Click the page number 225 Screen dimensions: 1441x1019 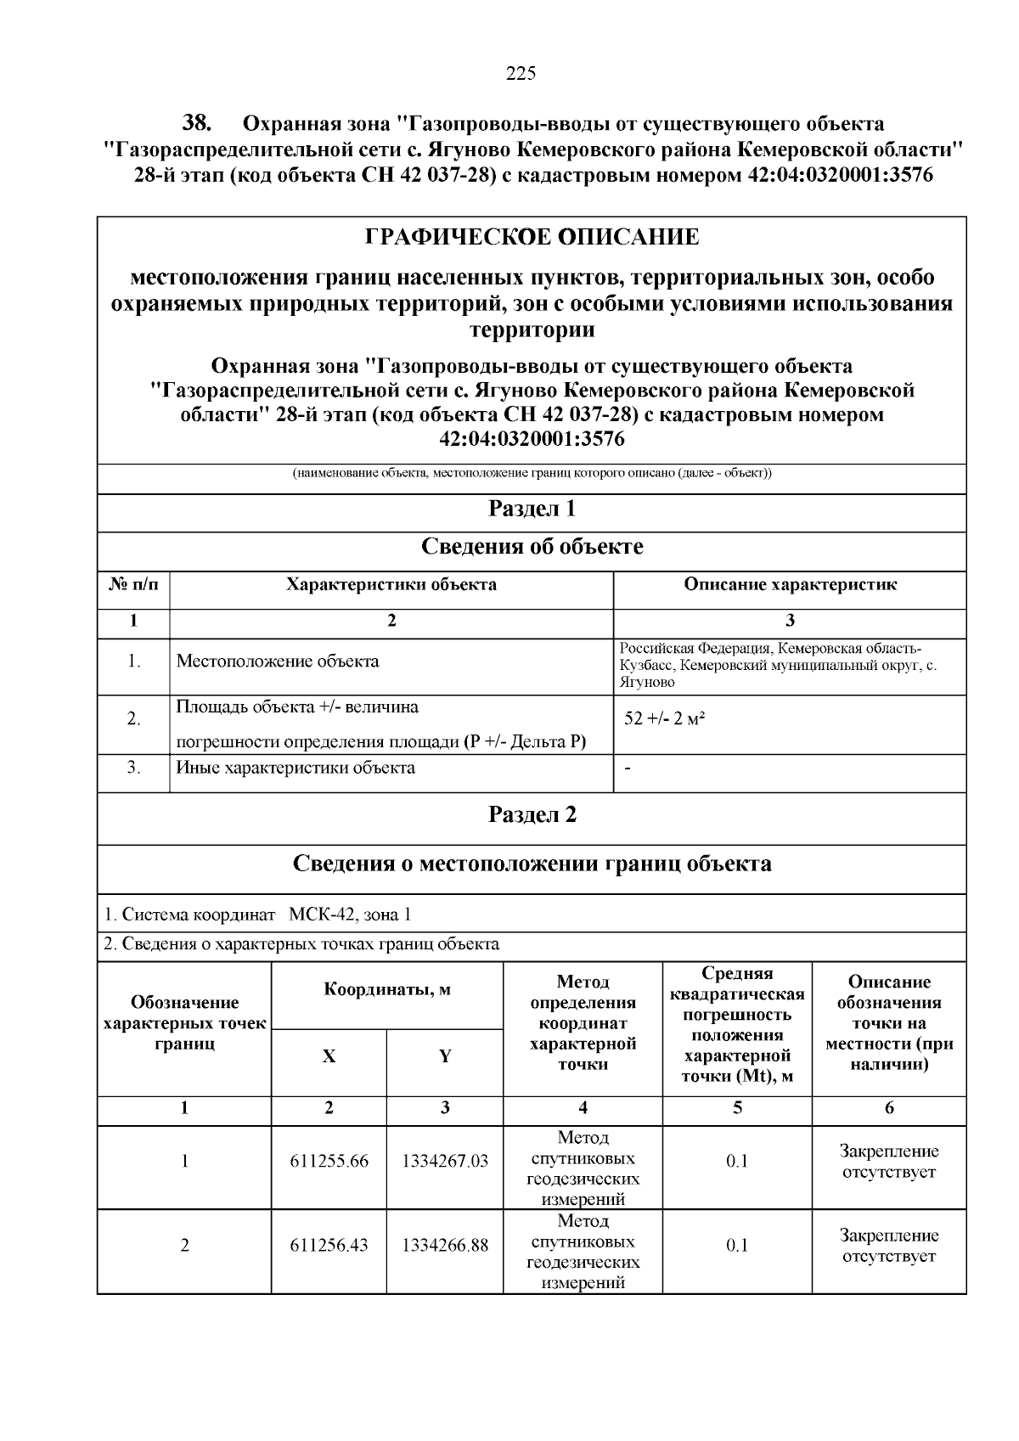521,74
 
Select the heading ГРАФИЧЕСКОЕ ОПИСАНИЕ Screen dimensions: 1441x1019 532,237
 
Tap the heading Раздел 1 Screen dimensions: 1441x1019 532,509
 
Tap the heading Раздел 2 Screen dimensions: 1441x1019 532,815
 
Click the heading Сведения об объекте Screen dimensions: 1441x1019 532,547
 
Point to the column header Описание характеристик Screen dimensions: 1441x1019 790,585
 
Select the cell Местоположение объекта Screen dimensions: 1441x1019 278,661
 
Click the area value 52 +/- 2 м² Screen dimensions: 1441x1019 665,719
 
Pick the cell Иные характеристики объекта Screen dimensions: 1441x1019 296,768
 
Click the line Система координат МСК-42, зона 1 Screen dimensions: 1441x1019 258,915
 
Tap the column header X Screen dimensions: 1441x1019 329,1057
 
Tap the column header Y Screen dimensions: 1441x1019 445,1057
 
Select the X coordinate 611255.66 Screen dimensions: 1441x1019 329,1162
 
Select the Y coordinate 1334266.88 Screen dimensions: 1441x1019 445,1246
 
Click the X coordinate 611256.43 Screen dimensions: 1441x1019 329,1246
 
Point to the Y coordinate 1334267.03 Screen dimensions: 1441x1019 445,1162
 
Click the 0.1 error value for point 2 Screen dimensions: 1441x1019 736,1246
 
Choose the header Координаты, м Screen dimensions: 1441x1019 387,990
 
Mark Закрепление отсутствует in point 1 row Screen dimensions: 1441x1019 888,1162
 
